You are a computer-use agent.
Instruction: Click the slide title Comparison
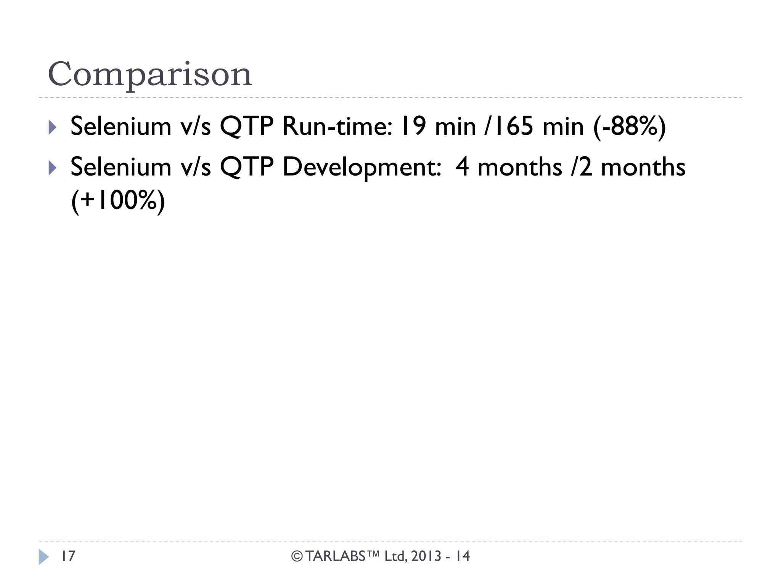[149, 74]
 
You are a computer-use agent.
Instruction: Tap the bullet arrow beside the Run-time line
[53, 127]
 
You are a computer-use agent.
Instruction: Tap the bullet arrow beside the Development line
[53, 168]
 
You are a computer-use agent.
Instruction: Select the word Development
[362, 168]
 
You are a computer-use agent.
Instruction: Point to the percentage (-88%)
[630, 126]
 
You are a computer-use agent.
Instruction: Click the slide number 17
[69, 556]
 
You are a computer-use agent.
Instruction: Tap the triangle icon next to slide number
[43, 557]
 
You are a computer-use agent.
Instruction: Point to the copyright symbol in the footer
[297, 557]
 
